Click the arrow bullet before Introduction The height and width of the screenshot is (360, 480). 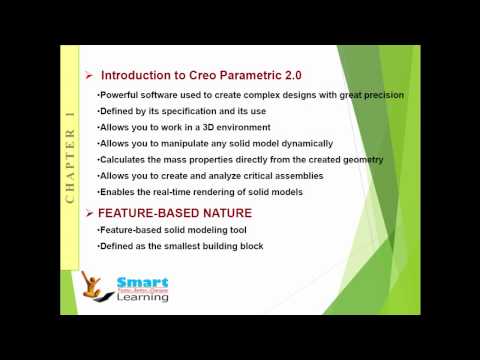[89, 75]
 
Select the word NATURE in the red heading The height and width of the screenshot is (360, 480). [226, 213]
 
